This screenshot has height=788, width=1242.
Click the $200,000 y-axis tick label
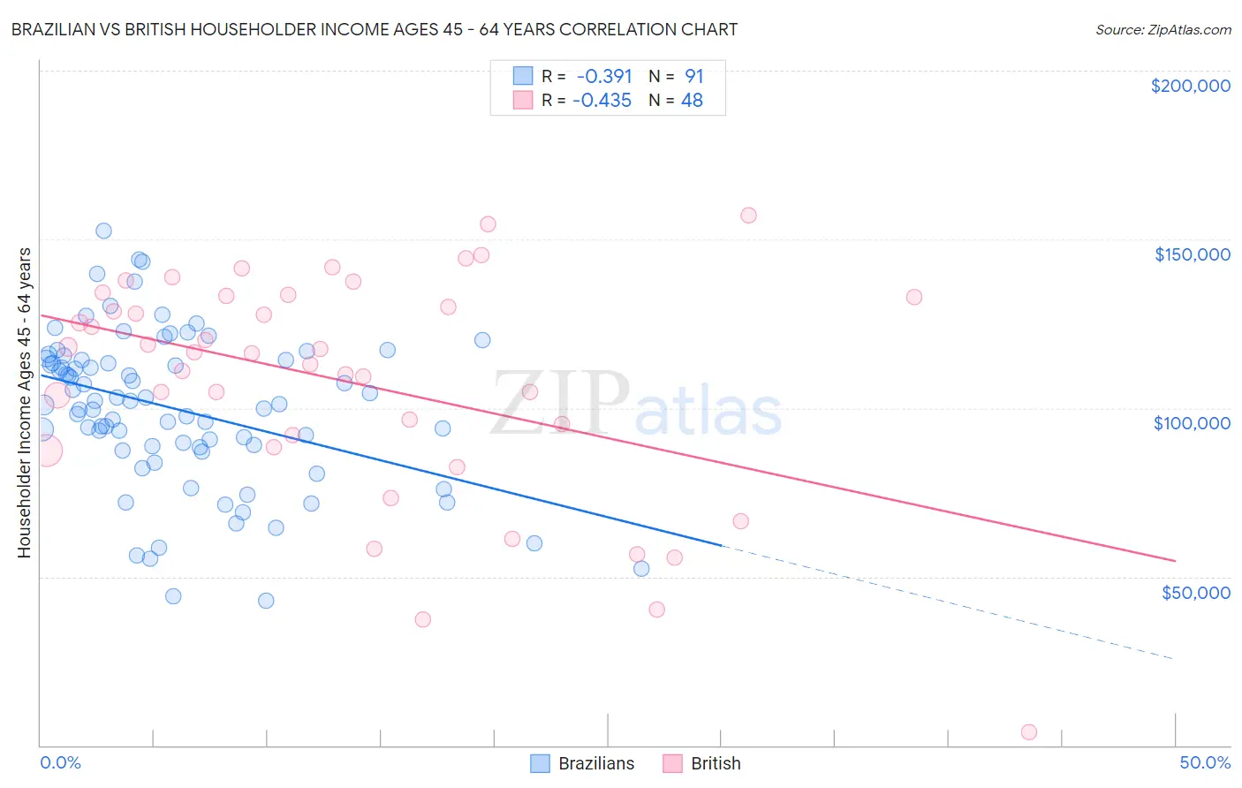1190,86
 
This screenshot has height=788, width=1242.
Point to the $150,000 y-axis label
1192,254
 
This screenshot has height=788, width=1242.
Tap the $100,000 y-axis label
1192,423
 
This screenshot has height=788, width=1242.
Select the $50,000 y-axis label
1195,592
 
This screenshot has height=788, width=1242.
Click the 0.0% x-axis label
60,762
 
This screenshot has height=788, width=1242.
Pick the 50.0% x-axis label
1205,762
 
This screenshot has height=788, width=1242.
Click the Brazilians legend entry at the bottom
583,763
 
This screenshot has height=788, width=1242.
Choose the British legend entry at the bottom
702,763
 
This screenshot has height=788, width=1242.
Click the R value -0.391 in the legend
604,76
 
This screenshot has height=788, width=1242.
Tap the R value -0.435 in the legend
602,101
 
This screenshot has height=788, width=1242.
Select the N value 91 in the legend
694,76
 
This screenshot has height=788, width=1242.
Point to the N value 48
692,101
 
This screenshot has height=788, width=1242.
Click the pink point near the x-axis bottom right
1028,731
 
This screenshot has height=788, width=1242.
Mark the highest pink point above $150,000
748,215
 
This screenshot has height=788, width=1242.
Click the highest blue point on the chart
103,231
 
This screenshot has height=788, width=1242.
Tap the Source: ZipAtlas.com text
1162,29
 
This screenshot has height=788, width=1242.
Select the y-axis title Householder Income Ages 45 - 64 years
24,402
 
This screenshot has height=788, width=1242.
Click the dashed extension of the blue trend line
945,603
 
